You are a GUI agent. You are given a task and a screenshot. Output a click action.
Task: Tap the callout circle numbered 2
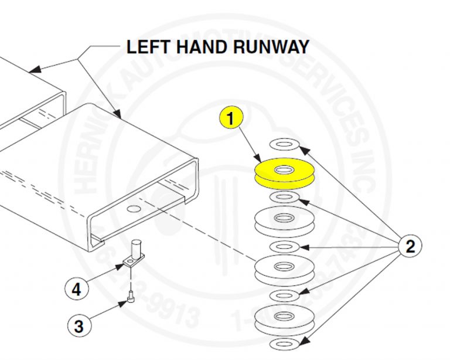coord(410,246)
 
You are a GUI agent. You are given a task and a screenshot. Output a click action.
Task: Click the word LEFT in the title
coord(151,47)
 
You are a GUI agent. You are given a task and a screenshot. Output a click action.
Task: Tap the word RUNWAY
coord(273,47)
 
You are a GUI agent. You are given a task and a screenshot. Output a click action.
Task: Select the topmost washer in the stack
coord(284,144)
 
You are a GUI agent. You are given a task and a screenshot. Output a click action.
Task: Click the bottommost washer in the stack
coord(285,342)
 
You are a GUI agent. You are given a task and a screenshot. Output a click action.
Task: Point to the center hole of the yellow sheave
coord(284,169)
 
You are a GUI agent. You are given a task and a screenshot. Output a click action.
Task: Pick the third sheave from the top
coord(284,269)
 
